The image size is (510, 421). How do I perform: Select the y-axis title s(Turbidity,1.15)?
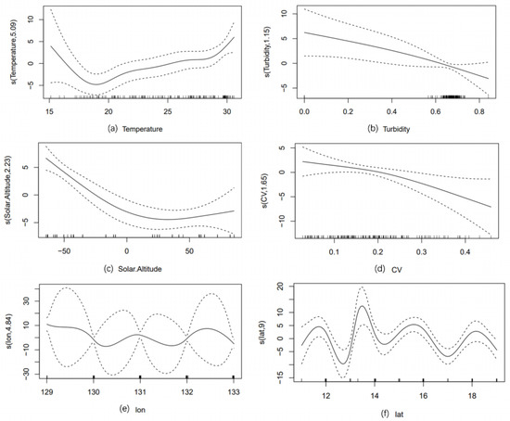[267, 53]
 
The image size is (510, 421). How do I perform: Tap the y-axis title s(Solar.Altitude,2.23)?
[8, 195]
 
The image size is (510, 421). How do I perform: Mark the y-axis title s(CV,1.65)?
[267, 196]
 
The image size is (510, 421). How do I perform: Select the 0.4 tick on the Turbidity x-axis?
[402, 109]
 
